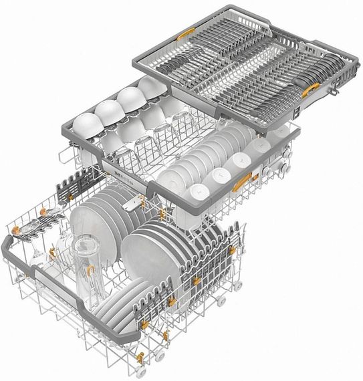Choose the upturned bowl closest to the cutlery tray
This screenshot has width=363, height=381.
[x=150, y=86]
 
